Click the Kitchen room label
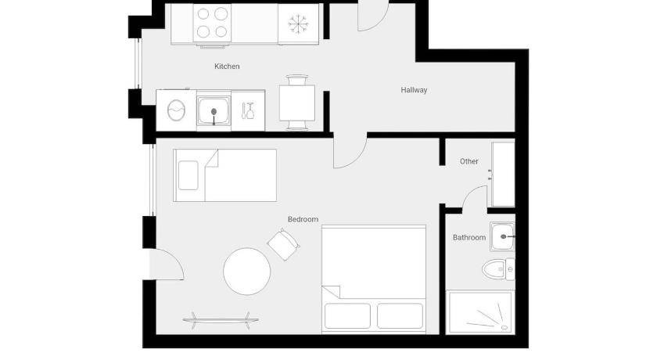227,67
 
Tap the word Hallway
414,90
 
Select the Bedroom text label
303,219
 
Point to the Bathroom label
469,238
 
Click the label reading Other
469,161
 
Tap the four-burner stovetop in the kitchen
212,23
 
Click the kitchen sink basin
214,110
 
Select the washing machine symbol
175,110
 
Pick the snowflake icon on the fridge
298,24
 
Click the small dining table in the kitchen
297,103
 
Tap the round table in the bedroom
247,271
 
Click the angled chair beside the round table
283,244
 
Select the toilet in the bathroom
497,269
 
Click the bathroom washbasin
502,237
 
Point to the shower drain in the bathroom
504,327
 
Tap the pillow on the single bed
188,175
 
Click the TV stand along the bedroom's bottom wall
221,321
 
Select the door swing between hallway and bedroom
350,152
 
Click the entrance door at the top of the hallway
373,16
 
